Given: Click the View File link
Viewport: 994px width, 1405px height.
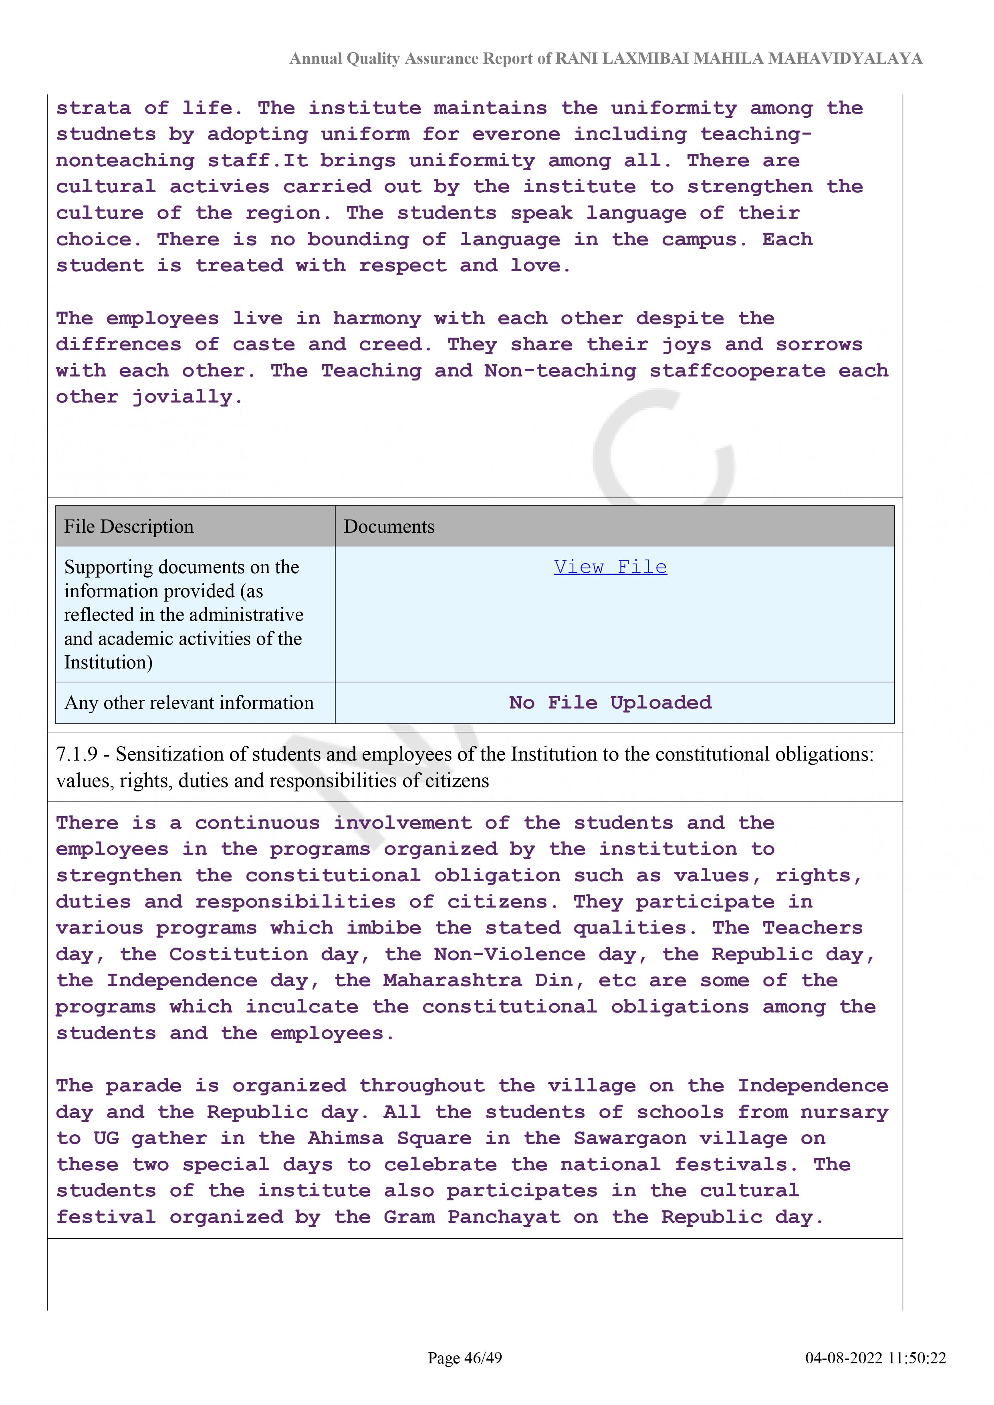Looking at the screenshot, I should tap(610, 567).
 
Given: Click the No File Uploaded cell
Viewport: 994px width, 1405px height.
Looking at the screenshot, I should tap(610, 702).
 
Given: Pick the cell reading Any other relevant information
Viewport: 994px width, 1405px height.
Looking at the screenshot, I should tap(189, 702).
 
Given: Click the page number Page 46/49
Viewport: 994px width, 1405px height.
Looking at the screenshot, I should tap(465, 1358).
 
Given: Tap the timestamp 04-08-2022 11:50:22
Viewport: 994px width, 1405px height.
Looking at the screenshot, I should tap(875, 1358).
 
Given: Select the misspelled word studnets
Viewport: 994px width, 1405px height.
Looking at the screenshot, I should tap(106, 135).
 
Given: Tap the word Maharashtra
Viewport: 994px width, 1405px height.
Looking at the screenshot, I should tap(452, 981).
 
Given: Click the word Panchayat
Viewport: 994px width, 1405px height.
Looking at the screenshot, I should tap(504, 1217).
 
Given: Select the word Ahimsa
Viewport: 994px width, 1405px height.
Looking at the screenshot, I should tap(345, 1138).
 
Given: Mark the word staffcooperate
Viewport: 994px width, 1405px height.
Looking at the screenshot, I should tap(737, 371).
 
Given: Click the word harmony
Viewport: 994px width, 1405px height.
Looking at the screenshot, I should tap(377, 318).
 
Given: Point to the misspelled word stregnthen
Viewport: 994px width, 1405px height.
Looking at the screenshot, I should tap(119, 876).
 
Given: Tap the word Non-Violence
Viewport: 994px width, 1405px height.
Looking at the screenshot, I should tap(509, 954).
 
